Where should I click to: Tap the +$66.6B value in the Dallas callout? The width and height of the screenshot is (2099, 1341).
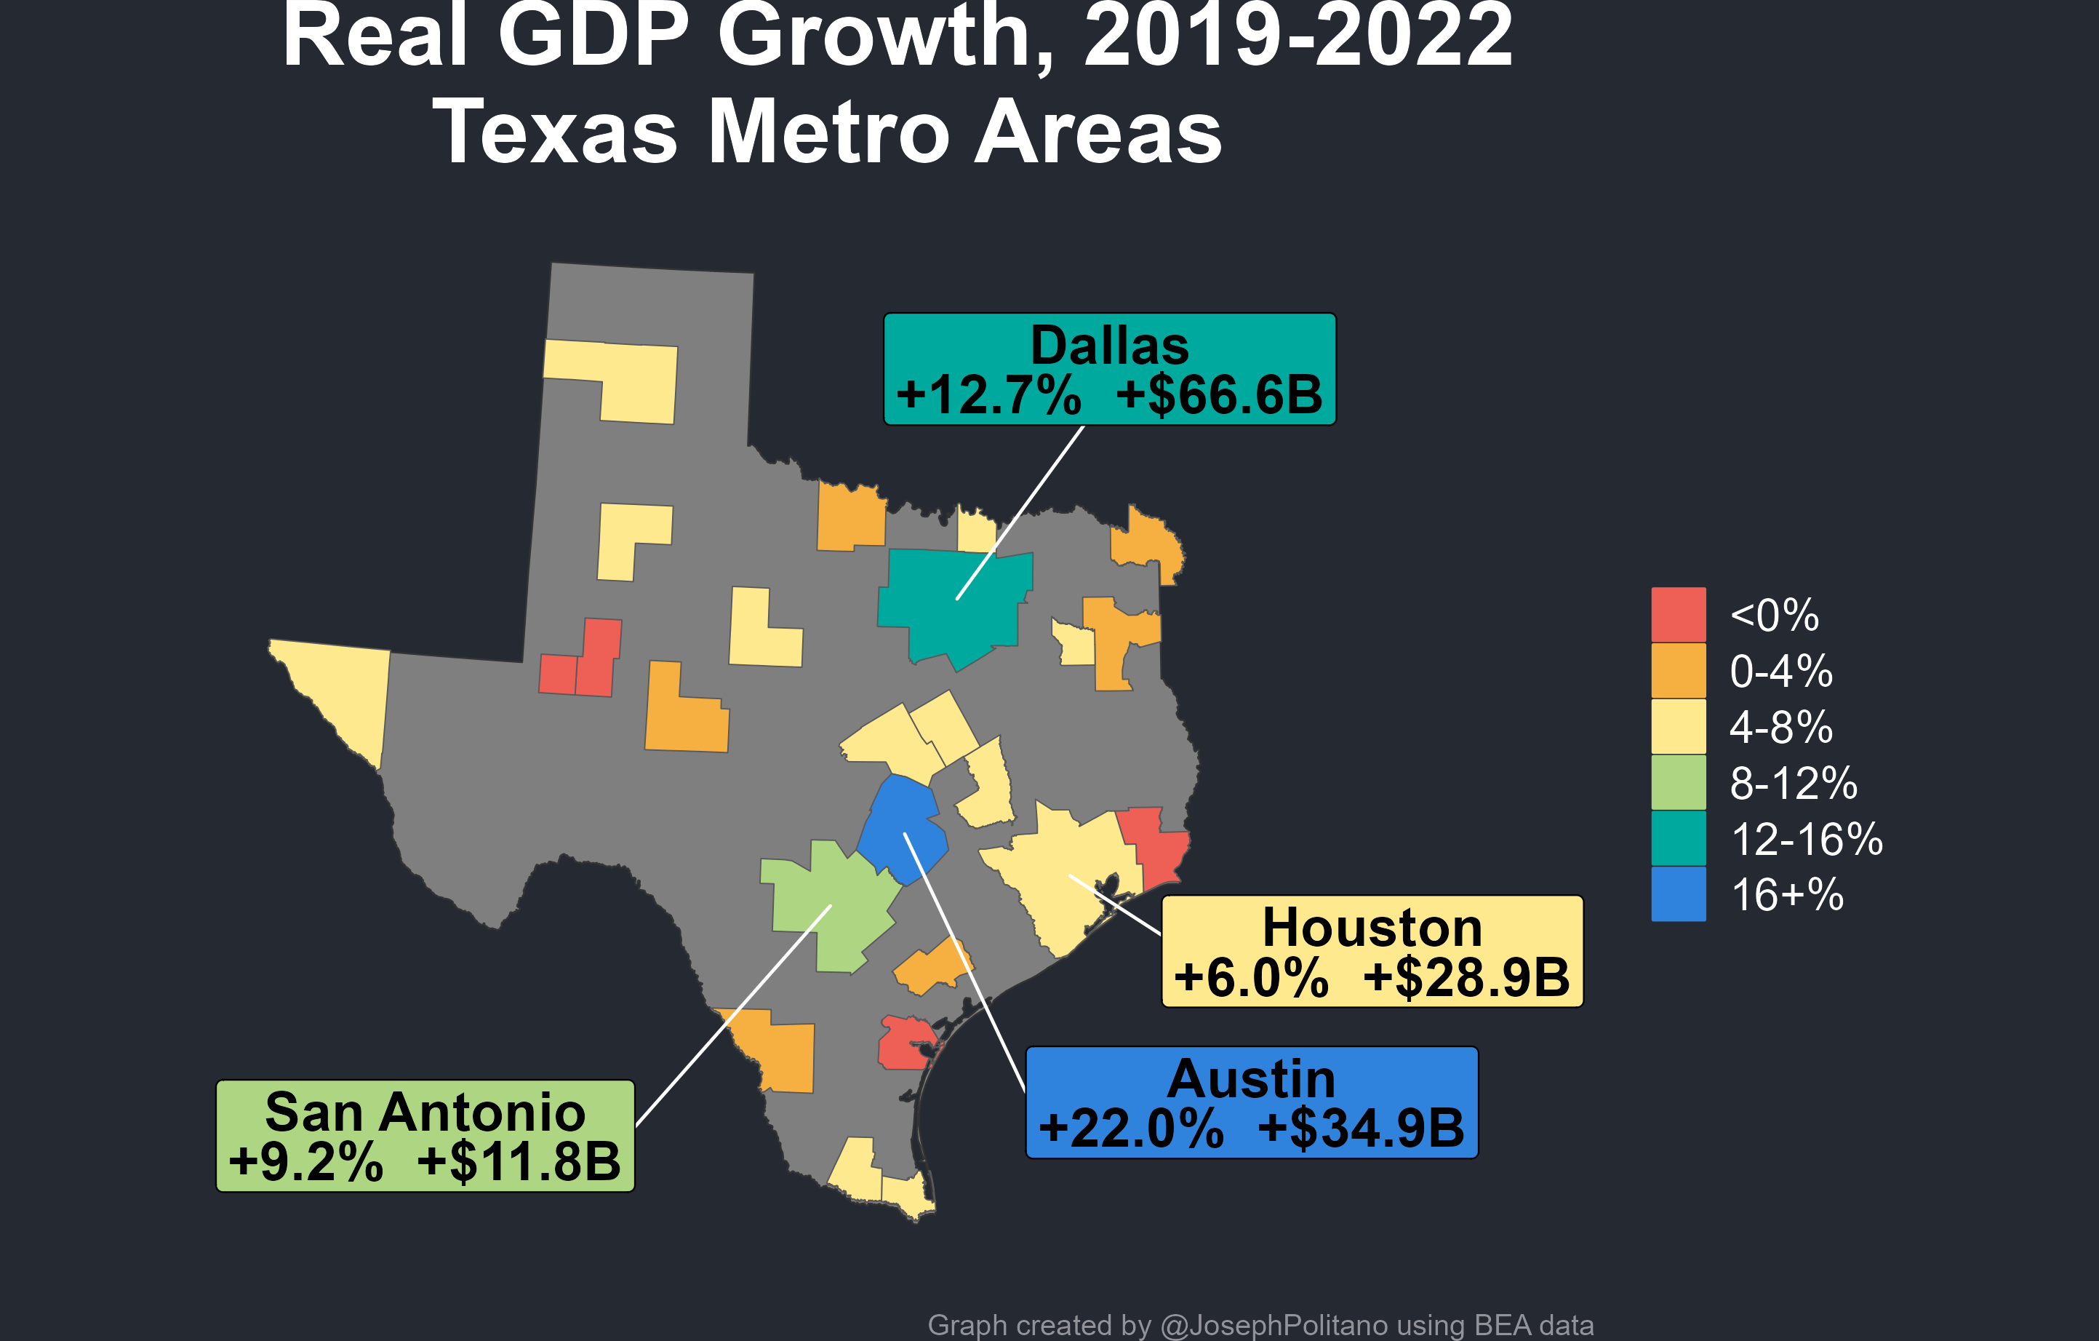pyautogui.click(x=1219, y=394)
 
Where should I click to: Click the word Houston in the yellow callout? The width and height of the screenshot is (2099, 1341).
pyautogui.click(x=1372, y=927)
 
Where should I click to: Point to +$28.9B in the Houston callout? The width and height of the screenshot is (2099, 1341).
pyautogui.click(x=1466, y=976)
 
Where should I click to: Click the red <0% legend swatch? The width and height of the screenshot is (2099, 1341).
pyautogui.click(x=1678, y=615)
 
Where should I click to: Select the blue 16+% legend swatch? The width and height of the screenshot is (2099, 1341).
pyautogui.click(x=1678, y=894)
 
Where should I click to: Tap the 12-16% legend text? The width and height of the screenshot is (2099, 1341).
pyautogui.click(x=1806, y=839)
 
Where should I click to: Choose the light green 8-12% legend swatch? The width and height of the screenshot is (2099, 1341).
pyautogui.click(x=1678, y=782)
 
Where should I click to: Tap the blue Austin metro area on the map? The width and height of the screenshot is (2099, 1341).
pyautogui.click(x=902, y=828)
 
